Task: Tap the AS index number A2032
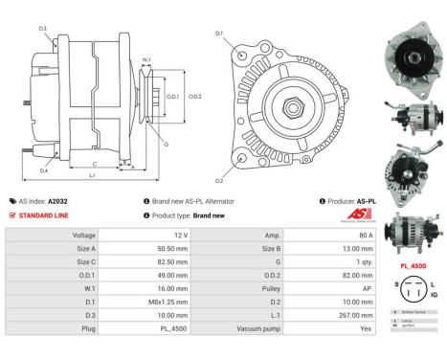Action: coord(59,202)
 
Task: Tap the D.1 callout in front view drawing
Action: coord(219,35)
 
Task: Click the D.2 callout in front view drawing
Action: coord(219,181)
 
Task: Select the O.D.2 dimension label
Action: coord(194,97)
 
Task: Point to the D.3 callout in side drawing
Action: coord(44,29)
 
